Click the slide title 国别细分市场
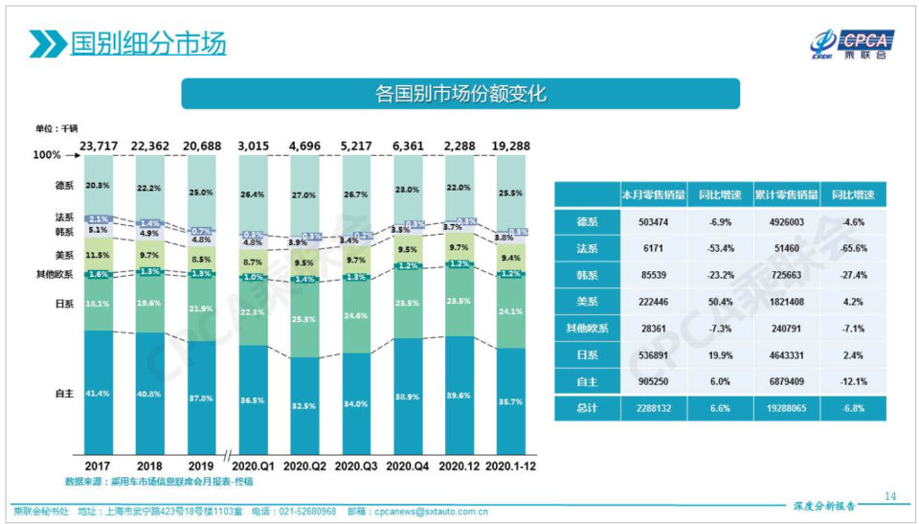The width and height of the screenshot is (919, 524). (147, 43)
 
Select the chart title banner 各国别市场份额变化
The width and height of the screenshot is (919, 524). (460, 94)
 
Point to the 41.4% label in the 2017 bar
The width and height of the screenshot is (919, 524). (98, 394)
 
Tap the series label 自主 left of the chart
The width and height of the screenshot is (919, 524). (65, 394)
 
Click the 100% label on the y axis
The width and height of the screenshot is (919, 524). (47, 155)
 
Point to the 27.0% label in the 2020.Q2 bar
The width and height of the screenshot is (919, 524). (303, 195)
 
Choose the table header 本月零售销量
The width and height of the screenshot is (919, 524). (653, 194)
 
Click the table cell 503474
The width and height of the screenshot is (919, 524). (653, 221)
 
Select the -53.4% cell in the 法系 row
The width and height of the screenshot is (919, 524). (719, 248)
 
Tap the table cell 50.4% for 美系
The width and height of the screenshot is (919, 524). (719, 302)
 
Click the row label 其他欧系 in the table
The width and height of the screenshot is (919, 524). (586, 328)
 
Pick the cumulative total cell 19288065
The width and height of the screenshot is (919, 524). (786, 407)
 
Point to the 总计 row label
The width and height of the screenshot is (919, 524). (586, 407)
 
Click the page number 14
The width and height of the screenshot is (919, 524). (890, 495)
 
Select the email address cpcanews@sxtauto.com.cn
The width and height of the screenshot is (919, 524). (433, 512)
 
